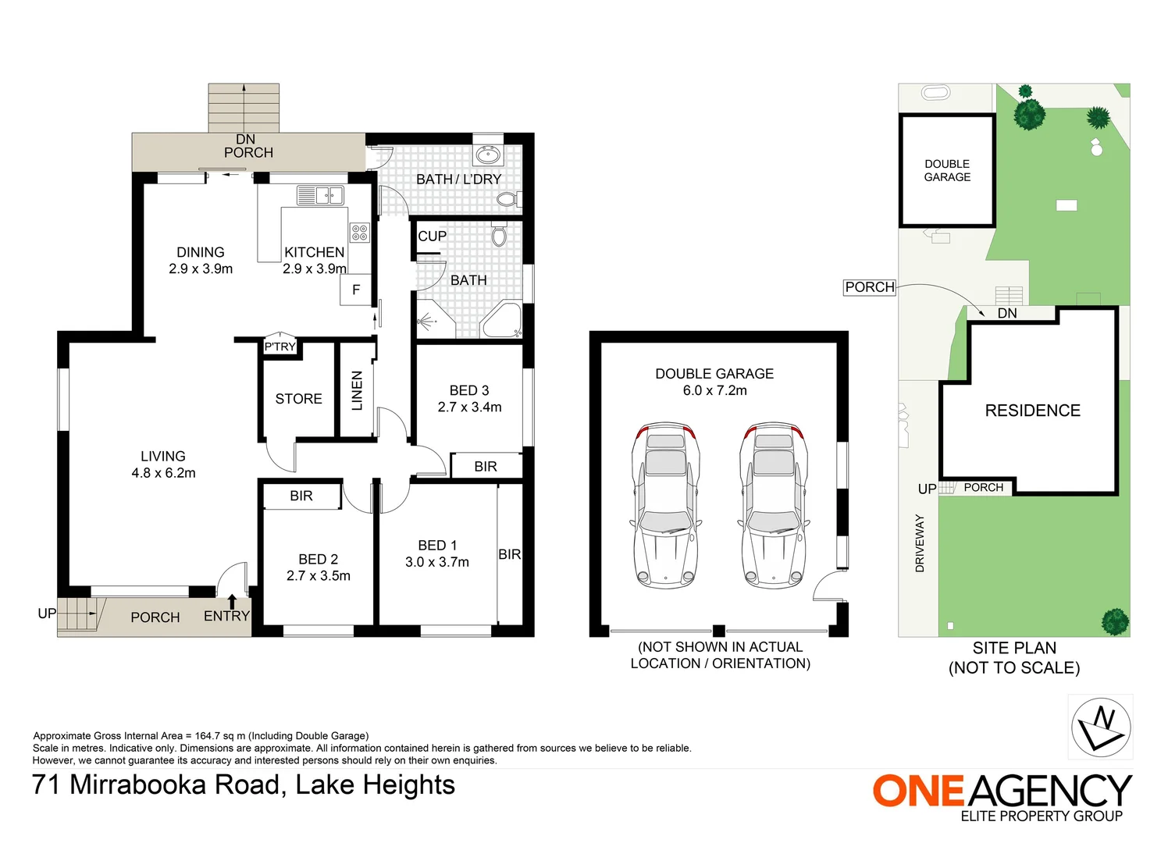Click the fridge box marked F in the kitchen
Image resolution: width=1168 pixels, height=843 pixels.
(355, 290)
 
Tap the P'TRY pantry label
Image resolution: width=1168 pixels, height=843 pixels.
(280, 347)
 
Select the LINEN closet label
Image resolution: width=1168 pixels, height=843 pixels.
(357, 390)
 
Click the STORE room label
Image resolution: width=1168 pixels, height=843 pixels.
(298, 399)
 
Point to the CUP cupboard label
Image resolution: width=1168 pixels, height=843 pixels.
(432, 237)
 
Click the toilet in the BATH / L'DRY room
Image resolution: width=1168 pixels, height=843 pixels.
(507, 200)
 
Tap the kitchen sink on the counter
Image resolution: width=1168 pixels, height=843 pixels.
(320, 194)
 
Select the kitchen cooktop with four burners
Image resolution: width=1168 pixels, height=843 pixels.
(359, 232)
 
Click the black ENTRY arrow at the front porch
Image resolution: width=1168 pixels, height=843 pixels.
(232, 601)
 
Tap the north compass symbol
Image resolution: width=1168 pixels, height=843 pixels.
(1101, 727)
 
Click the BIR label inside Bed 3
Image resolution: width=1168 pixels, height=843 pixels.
(485, 466)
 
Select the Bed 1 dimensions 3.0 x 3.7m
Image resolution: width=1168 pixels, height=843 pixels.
(437, 562)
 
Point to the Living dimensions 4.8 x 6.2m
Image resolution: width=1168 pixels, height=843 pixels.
(163, 473)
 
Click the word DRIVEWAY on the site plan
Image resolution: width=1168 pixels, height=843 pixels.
(920, 543)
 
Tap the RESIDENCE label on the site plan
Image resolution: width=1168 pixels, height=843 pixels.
(1032, 411)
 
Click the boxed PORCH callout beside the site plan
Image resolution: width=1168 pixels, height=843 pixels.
(869, 287)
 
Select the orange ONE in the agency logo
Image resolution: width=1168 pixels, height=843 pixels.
(918, 791)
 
